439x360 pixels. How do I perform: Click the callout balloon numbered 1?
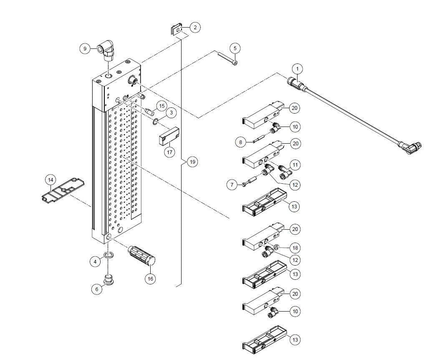tap(298, 68)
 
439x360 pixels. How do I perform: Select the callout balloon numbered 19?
tap(192, 162)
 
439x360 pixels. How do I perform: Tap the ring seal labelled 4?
tap(108, 255)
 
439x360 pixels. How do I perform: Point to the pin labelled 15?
tap(151, 111)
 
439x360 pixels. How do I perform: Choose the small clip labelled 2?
tap(176, 30)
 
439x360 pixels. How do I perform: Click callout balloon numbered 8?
tap(240, 142)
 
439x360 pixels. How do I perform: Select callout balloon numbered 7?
tap(232, 185)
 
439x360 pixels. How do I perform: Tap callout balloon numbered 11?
tap(295, 165)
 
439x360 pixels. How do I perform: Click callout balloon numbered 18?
tap(295, 248)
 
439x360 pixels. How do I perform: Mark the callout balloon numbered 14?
tap(50, 180)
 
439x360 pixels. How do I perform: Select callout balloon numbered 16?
tap(150, 279)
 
